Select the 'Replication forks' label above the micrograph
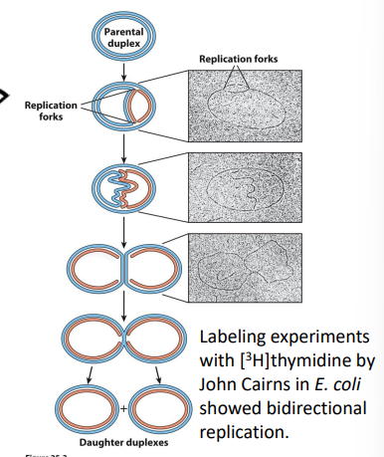point(238,60)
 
